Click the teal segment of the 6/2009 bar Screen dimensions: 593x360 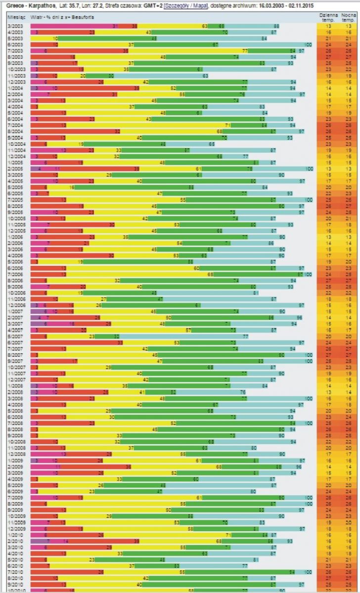[208, 491]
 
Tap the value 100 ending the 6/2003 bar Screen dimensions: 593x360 [308, 44]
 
